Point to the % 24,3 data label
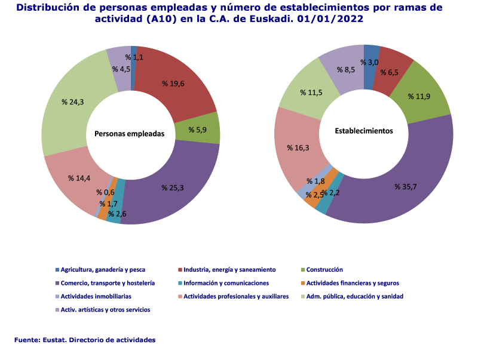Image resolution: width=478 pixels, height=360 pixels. pos(73,102)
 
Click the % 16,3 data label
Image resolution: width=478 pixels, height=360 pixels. pos(298,147)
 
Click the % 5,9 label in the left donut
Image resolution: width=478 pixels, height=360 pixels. pos(198,130)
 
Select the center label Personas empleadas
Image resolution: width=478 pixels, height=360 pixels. pos(129,134)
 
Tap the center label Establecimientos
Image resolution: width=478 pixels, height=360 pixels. pos(364,131)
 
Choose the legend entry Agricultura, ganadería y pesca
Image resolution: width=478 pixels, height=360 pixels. pos(103,270)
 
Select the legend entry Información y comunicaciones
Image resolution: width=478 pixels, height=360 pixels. pos(226,283)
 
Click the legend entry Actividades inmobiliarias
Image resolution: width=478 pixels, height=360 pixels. pos(96,296)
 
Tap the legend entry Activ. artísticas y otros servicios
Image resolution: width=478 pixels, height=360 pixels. pos(105,310)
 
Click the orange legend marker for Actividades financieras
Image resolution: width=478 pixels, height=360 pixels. pos(304,283)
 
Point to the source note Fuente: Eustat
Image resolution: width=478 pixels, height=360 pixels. pos(85,340)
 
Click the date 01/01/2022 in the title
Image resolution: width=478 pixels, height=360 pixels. pos(325,19)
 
